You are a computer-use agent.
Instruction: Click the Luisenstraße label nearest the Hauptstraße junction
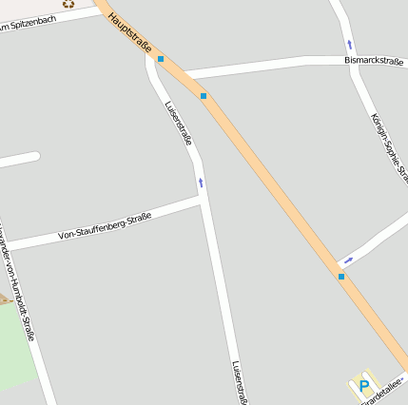coord(179,123)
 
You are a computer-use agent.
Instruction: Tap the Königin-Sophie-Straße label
coord(388,147)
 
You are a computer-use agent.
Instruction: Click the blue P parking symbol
coord(363,387)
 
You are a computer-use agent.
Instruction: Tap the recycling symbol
coord(68,4)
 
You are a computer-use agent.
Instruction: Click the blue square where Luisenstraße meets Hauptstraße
coord(161,59)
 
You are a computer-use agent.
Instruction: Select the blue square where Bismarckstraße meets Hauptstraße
coord(204,95)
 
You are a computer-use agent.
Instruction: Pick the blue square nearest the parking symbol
coord(340,277)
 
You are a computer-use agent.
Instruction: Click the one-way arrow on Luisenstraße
coord(201,182)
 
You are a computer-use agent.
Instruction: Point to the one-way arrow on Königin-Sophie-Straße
coord(349,45)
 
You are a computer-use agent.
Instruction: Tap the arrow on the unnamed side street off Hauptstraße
coord(349,259)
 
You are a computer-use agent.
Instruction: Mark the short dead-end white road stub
coord(19,160)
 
